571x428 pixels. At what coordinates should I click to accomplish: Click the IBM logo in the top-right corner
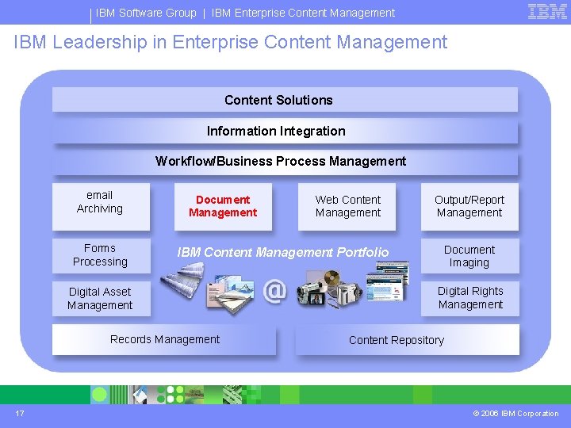[x=547, y=11]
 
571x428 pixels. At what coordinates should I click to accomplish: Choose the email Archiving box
[x=100, y=202]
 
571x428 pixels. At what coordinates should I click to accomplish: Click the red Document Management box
[x=223, y=206]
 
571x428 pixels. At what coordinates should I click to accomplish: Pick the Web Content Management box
[x=347, y=206]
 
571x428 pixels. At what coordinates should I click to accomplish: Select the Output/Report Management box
[x=469, y=206]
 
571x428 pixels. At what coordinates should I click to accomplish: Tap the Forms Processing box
[x=100, y=255]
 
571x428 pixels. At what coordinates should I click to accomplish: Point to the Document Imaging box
[x=469, y=256]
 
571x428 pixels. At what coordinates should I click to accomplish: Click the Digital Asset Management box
[x=100, y=299]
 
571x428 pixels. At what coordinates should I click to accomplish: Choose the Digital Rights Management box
[x=469, y=298]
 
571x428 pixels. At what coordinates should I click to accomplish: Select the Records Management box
[x=165, y=340]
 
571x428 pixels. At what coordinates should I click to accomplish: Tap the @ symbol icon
[x=274, y=291]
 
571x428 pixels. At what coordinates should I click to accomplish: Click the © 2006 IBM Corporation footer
[x=515, y=414]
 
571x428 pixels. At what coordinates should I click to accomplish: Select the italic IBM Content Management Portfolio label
[x=283, y=252]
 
